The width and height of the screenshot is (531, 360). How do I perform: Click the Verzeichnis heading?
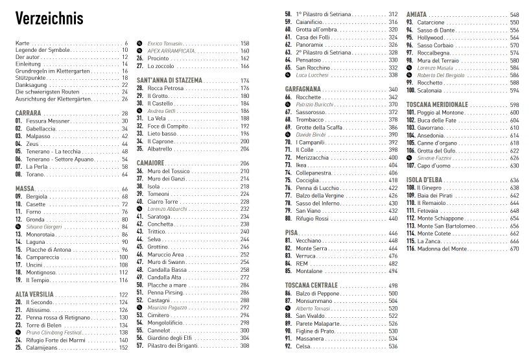(x=49, y=19)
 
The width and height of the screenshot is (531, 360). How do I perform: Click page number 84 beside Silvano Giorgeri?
(x=124, y=226)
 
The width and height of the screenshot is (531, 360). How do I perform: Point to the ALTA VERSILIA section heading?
(x=38, y=294)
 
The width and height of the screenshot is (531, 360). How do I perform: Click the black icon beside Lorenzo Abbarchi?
(x=139, y=209)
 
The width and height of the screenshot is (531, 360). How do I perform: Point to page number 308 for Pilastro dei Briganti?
(x=245, y=345)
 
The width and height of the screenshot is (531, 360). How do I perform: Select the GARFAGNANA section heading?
(x=309, y=89)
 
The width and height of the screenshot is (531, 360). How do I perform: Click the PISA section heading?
(x=291, y=232)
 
